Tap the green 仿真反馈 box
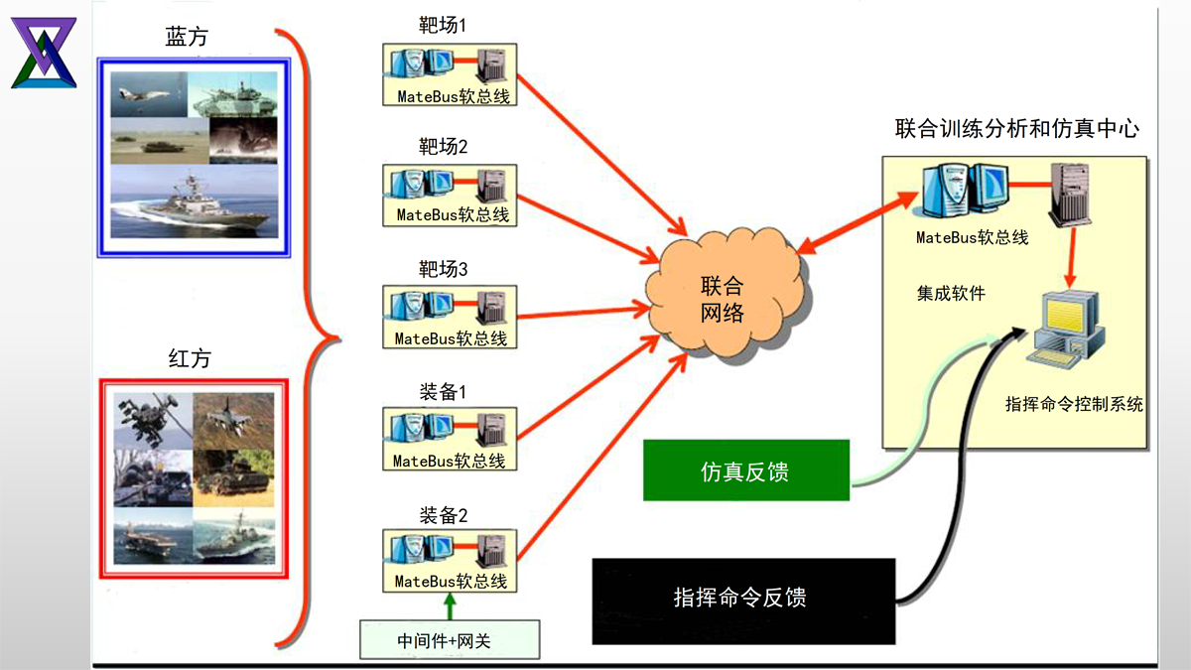tap(745, 470)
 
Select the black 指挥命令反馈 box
tap(743, 600)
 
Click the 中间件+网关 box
tap(450, 640)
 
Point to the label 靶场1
tap(443, 26)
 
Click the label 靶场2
tap(443, 148)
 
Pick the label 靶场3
tap(443, 269)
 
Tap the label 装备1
tap(443, 391)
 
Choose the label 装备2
tap(443, 514)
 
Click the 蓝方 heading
tap(188, 38)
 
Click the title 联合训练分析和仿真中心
tap(1016, 129)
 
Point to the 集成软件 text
tap(951, 293)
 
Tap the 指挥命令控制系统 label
tap(1074, 404)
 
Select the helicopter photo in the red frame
tap(151, 420)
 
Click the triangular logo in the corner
tap(44, 53)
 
